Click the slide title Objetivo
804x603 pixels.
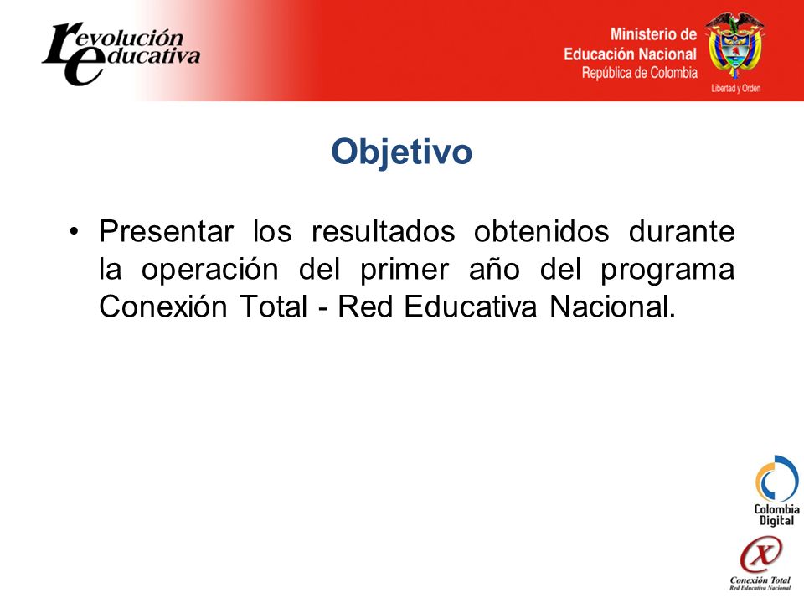[x=401, y=152]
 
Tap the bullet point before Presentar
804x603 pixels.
[x=75, y=231]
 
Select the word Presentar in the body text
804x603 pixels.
[x=166, y=231]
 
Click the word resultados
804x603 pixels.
[x=383, y=231]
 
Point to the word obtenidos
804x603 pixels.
[x=542, y=231]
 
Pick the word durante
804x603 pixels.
[x=682, y=231]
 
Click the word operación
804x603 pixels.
[x=209, y=270]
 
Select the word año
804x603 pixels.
[x=494, y=270]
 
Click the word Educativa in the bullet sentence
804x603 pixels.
[x=470, y=307]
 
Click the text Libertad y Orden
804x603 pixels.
[x=735, y=88]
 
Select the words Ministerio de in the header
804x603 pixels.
[x=653, y=34]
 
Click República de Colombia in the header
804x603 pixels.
[x=639, y=73]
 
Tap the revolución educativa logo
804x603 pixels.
[x=121, y=54]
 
